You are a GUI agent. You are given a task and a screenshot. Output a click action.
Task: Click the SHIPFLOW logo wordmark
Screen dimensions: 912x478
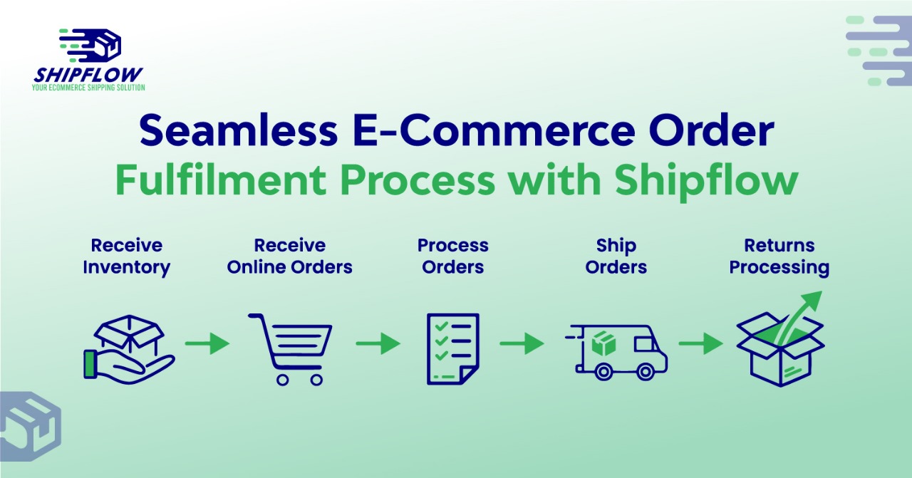[x=88, y=75]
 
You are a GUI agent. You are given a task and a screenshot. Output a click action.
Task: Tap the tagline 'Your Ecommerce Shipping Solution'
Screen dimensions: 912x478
[x=88, y=88]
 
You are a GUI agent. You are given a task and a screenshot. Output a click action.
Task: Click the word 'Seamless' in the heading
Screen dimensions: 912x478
[x=239, y=130]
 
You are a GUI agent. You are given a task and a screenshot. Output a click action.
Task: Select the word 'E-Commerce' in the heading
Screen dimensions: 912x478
[x=494, y=130]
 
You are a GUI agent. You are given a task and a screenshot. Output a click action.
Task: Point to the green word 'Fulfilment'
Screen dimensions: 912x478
[x=221, y=180]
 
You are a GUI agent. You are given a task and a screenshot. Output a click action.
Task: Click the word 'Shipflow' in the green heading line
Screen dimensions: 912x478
[x=706, y=182]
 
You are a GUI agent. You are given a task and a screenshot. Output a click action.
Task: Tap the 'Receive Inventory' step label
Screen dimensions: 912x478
[x=127, y=256]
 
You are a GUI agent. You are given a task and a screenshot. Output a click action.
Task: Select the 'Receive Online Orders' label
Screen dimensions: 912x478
[x=289, y=256]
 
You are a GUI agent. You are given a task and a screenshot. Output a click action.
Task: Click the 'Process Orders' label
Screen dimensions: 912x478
[x=452, y=256]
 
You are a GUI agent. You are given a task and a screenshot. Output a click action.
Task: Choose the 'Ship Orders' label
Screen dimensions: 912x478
[x=616, y=256]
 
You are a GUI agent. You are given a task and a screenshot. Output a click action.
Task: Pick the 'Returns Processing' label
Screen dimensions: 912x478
[x=779, y=256]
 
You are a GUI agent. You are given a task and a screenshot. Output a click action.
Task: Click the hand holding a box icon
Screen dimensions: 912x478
[x=129, y=349]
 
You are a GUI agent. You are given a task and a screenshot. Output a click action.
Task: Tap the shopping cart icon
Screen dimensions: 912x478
[x=290, y=349]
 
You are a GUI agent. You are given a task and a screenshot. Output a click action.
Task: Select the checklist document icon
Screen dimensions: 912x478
[x=452, y=349]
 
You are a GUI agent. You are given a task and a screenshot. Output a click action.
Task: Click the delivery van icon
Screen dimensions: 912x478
[x=616, y=353]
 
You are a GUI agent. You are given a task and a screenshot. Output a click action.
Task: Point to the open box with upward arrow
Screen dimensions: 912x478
[x=780, y=339]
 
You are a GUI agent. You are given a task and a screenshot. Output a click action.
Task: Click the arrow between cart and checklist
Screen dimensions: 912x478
[x=378, y=343]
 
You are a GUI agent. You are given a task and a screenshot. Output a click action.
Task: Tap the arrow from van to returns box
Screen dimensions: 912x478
[x=700, y=343]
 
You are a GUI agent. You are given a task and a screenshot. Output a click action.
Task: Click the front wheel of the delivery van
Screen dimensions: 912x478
[x=646, y=372]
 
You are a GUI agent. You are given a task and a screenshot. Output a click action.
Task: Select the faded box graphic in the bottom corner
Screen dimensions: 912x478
[x=29, y=426]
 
